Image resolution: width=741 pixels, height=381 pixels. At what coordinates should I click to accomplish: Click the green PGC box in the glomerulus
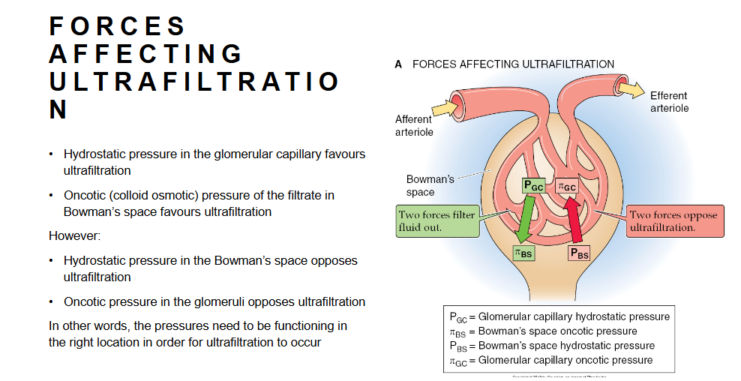pyautogui.click(x=535, y=185)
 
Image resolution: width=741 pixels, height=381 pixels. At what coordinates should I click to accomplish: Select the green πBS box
pyautogui.click(x=523, y=253)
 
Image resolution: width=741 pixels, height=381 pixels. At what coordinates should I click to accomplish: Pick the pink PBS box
pyautogui.click(x=579, y=253)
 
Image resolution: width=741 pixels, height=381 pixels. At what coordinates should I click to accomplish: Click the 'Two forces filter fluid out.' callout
pyautogui.click(x=436, y=221)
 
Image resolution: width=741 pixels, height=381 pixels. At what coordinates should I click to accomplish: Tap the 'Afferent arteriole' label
pyautogui.click(x=413, y=125)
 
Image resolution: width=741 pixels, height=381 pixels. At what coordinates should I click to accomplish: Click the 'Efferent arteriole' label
pyautogui.click(x=669, y=102)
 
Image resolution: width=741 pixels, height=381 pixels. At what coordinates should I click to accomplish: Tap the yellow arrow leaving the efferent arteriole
pyautogui.click(x=630, y=89)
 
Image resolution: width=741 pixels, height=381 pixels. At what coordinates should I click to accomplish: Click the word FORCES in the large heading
pyautogui.click(x=118, y=26)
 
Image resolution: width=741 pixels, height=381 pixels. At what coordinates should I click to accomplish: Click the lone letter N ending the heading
pyautogui.click(x=58, y=110)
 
